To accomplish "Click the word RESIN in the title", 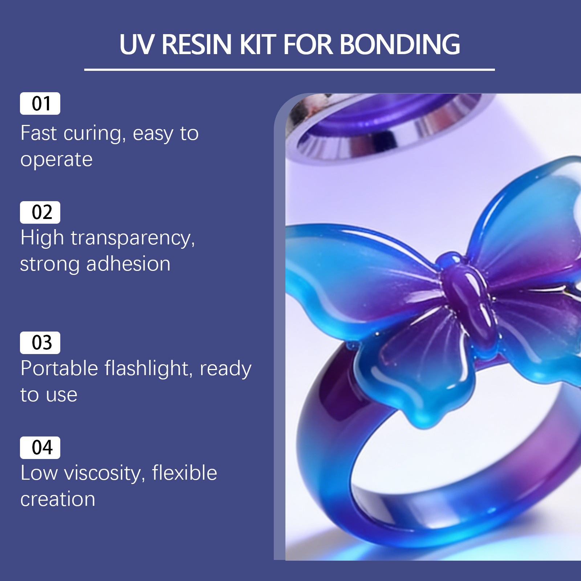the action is click(196, 45).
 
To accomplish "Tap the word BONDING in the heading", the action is click(400, 45).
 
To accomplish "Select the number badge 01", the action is click(40, 103).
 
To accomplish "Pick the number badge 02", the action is click(40, 212).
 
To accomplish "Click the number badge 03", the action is click(40, 342).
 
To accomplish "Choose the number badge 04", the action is click(40, 447).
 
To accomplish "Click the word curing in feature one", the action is click(94, 134).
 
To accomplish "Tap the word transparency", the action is click(133, 239).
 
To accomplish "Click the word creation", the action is click(58, 499).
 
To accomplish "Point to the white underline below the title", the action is click(289, 69).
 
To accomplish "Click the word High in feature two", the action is click(42, 238).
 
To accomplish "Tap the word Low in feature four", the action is click(39, 473).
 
